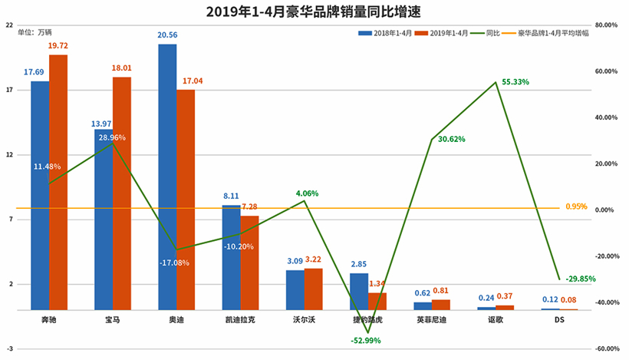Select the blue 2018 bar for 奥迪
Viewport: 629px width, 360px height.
(x=167, y=177)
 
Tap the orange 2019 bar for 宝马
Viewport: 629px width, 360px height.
(x=122, y=193)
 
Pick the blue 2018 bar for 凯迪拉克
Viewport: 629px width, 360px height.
(x=231, y=257)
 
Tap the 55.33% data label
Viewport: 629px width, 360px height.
(x=516, y=81)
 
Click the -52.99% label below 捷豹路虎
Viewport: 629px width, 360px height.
(x=365, y=339)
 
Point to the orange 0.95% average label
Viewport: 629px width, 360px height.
(x=576, y=206)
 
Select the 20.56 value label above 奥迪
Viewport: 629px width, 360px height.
(x=167, y=35)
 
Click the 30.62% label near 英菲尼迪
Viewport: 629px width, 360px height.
(x=453, y=139)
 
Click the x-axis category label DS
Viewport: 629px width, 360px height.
(x=559, y=318)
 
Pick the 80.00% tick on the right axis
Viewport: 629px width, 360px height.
(x=606, y=25)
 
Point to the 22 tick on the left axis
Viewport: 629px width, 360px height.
(x=9, y=25)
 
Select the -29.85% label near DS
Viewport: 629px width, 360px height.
(x=581, y=279)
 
